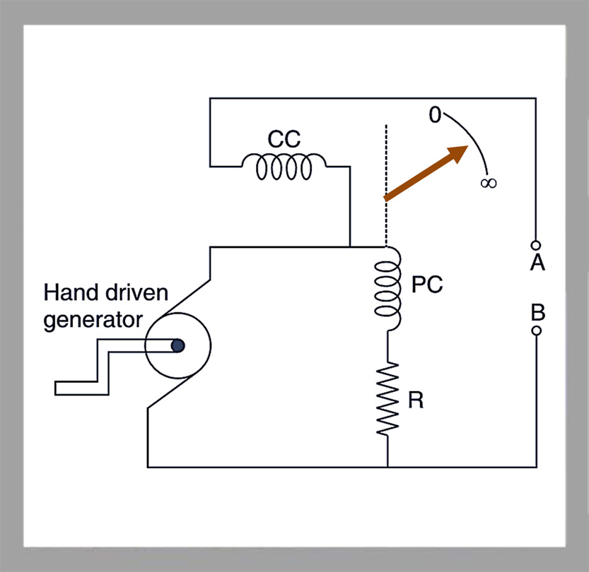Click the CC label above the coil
point(284,139)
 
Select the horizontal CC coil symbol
point(284,166)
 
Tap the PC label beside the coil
point(427,285)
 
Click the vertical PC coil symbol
point(388,289)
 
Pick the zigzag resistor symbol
point(387,399)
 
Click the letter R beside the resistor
point(416,400)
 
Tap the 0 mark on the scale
point(435,115)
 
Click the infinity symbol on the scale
point(489,183)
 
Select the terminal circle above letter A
point(536,245)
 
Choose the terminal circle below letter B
point(537,330)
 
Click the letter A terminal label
point(537,262)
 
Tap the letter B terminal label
point(538,312)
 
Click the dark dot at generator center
point(177,345)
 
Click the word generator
point(93,321)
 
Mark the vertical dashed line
point(386,186)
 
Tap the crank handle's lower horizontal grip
point(82,388)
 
